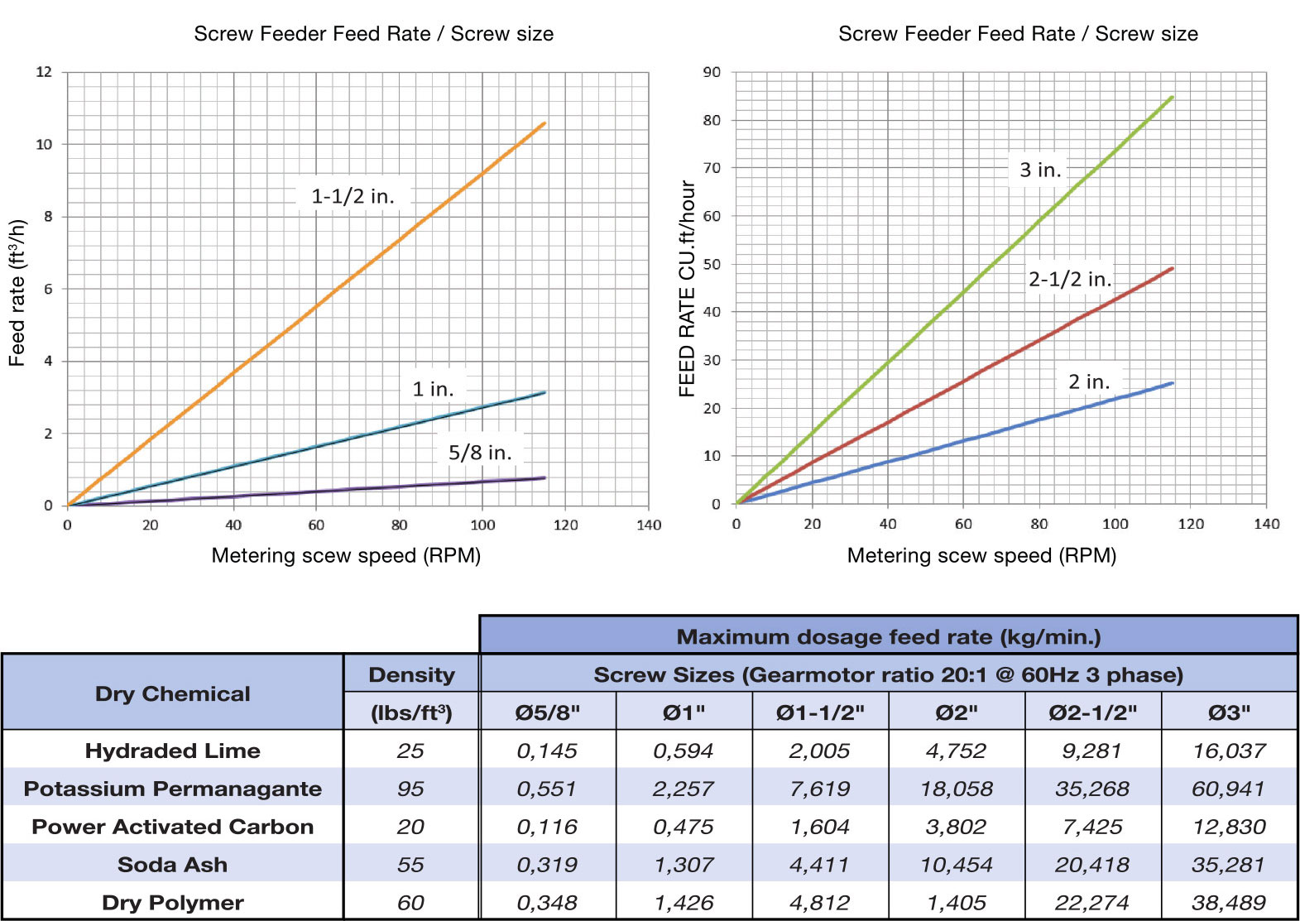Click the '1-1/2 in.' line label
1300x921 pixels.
(353, 196)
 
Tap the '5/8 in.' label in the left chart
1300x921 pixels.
(480, 453)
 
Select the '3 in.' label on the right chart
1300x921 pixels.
(1040, 170)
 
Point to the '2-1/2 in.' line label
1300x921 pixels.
(1070, 280)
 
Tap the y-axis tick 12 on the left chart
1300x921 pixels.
(44, 72)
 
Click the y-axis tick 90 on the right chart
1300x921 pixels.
(712, 72)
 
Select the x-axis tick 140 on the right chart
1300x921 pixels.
(1266, 524)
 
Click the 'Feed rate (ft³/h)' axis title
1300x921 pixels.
(17, 293)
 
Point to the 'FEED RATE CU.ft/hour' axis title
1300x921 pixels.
(687, 289)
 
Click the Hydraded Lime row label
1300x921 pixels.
(172, 751)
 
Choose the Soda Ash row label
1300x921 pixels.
(172, 865)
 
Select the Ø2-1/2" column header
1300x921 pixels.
(1092, 712)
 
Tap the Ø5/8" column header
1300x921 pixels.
(547, 712)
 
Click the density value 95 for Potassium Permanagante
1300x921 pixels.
(410, 789)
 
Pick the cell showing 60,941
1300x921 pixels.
(1228, 789)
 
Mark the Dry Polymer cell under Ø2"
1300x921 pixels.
(956, 903)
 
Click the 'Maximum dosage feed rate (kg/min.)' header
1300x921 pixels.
(888, 636)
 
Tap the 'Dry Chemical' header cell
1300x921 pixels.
(172, 693)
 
